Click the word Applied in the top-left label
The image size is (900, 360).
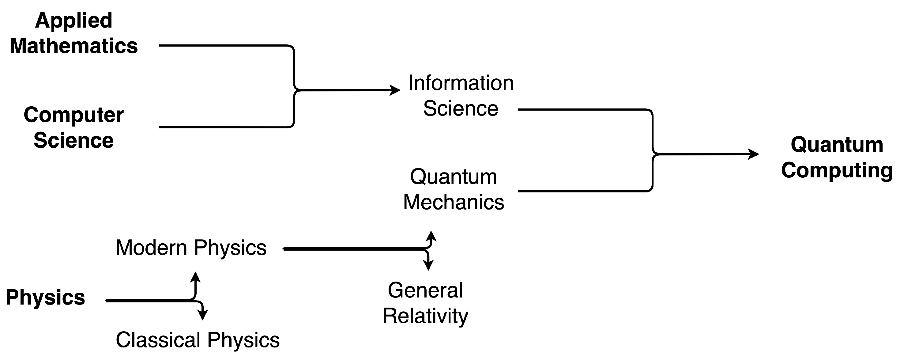tap(74, 21)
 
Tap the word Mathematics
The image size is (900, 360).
tap(74, 46)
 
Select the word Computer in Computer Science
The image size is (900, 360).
tap(74, 115)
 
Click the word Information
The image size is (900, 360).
tap(461, 83)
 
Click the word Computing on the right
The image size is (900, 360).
tap(837, 170)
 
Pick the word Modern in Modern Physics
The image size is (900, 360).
tap(151, 248)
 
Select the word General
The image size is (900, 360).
tap(425, 290)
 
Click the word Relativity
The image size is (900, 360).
tap(425, 316)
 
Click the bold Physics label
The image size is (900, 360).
tap(45, 298)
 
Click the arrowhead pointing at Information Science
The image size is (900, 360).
tap(396, 90)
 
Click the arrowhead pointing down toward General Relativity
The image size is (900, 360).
tap(428, 266)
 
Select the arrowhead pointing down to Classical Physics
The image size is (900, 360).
tap(202, 315)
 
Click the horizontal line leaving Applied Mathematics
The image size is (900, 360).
tap(224, 45)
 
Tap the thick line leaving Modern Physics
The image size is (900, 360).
tap(349, 249)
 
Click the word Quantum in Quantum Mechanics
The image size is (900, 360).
tap(454, 177)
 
